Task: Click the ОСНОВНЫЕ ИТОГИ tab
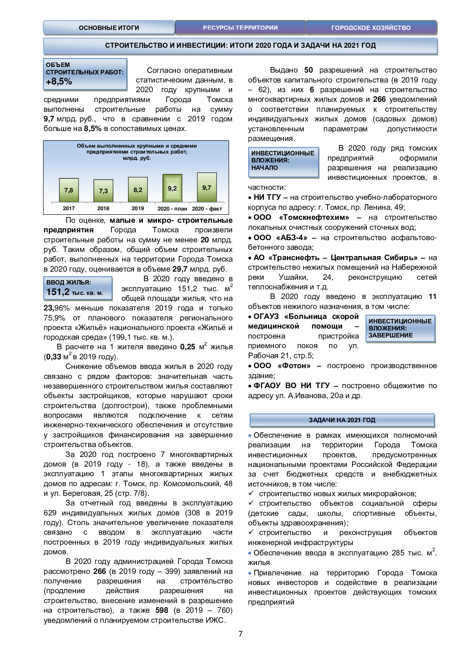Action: [109, 28]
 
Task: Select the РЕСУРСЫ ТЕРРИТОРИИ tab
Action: [240, 28]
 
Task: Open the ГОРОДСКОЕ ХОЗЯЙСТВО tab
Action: [371, 28]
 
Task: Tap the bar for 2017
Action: [69, 190]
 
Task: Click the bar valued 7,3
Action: [103, 191]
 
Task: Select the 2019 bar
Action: [138, 190]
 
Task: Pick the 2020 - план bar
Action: [172, 188]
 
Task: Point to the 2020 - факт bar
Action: [207, 188]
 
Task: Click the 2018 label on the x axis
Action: [103, 208]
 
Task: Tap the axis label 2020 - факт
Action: [207, 209]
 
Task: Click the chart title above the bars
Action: [137, 152]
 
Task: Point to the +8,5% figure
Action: [59, 81]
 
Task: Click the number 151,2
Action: [58, 292]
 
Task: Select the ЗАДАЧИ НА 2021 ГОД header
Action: [342, 420]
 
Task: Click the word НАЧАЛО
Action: [264, 168]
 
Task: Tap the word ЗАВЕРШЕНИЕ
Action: [391, 335]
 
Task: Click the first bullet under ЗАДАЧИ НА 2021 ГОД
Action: [250, 436]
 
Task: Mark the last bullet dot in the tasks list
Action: [250, 573]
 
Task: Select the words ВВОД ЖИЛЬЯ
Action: [68, 282]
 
